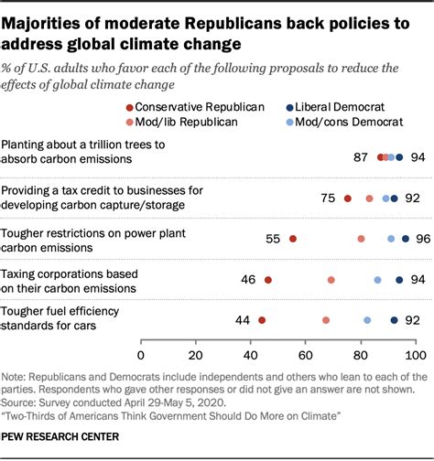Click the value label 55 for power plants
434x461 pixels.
[273, 239]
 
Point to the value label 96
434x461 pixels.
[422, 239]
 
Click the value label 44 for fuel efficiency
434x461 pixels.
[243, 320]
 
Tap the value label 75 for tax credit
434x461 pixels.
[328, 198]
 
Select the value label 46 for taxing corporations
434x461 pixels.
[248, 280]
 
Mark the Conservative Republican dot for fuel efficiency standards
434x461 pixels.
[262, 320]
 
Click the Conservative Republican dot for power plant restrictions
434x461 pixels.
[292, 239]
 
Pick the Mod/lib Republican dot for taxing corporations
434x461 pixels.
[331, 280]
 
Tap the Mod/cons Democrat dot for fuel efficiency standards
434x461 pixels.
[367, 320]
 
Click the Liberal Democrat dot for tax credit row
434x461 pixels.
[395, 198]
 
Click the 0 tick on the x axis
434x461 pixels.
[141, 353]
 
